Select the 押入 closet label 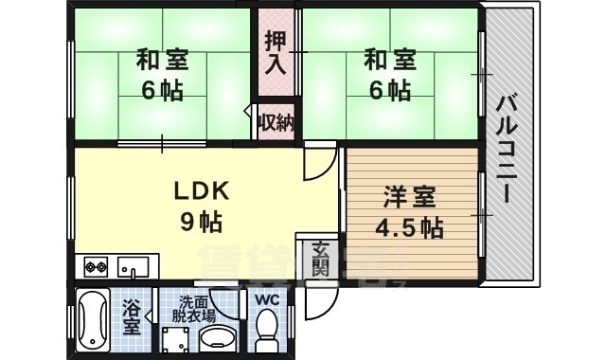[275, 53]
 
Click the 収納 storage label [276, 121]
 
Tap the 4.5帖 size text [409, 228]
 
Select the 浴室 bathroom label [132, 318]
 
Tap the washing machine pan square [177, 339]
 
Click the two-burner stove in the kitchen [97, 266]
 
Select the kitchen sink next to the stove [133, 266]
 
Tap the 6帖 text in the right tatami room [391, 92]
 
